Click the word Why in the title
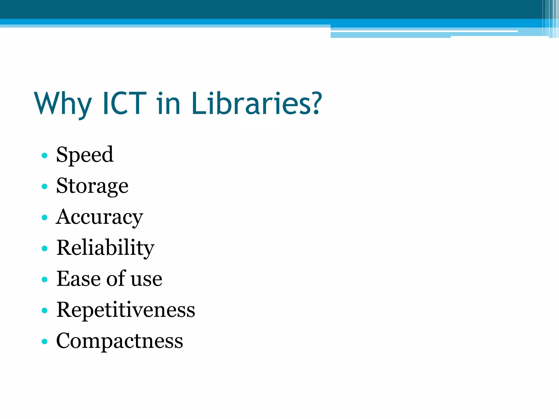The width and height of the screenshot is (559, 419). tap(63, 104)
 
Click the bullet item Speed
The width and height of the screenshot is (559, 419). tap(85, 155)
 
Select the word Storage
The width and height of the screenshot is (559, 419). tap(92, 186)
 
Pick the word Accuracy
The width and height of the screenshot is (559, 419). tap(100, 217)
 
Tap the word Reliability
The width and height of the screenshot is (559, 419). tap(105, 248)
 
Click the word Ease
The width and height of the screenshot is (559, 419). tap(78, 279)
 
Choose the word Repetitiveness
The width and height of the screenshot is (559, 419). tap(126, 310)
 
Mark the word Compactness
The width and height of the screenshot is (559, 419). tap(120, 341)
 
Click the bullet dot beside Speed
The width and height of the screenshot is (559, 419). tap(44, 156)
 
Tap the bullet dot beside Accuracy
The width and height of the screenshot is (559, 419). tap(44, 218)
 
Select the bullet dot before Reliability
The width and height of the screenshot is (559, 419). tap(44, 249)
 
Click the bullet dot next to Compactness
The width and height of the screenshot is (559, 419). tap(44, 342)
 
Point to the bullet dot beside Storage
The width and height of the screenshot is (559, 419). tap(44, 187)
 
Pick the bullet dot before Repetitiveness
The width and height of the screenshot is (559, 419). tap(44, 310)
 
